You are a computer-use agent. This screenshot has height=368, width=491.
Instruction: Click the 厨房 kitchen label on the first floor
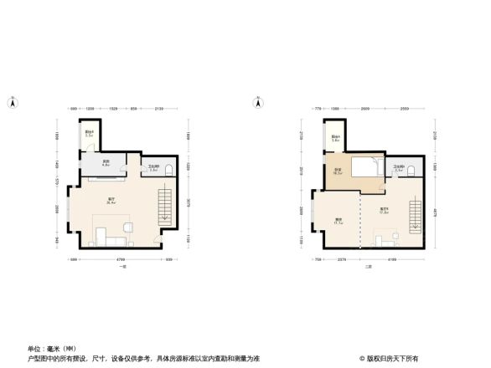click(106, 163)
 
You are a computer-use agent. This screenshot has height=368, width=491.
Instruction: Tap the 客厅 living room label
click(111, 199)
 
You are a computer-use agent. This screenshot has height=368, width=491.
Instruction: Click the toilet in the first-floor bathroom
click(170, 171)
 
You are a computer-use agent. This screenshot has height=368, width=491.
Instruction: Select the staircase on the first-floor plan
click(165, 206)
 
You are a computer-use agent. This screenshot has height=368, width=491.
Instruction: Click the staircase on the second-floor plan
click(414, 217)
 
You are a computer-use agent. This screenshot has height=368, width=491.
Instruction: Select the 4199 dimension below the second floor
click(391, 260)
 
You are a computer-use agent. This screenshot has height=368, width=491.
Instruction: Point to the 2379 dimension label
click(342, 260)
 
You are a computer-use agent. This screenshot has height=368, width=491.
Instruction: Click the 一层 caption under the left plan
click(123, 267)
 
